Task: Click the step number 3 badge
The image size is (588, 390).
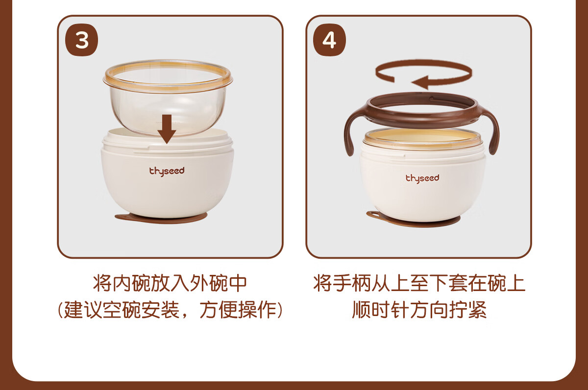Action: click(81, 40)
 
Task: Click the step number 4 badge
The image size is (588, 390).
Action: click(329, 40)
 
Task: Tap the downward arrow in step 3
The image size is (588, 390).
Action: click(167, 129)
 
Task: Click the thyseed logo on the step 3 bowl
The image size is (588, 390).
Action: click(167, 171)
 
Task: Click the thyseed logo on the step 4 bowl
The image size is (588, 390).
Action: click(422, 178)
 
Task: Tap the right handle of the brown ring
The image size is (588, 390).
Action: click(490, 131)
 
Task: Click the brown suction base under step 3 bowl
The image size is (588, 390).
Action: click(161, 219)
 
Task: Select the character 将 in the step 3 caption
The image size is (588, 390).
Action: click(102, 284)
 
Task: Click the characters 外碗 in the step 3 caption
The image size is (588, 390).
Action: click(209, 284)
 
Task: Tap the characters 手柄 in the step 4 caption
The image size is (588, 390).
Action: click(352, 284)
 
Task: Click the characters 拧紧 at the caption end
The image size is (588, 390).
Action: click(468, 310)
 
